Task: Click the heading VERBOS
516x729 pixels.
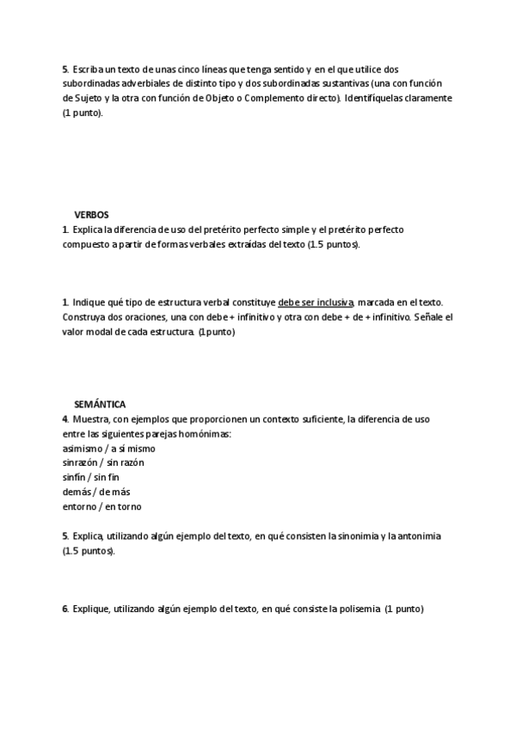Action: point(91,215)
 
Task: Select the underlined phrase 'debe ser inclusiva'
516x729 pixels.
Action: point(316,303)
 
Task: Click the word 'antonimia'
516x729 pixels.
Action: point(421,536)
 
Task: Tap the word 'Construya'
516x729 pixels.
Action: point(86,317)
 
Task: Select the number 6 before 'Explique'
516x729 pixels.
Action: point(64,609)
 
